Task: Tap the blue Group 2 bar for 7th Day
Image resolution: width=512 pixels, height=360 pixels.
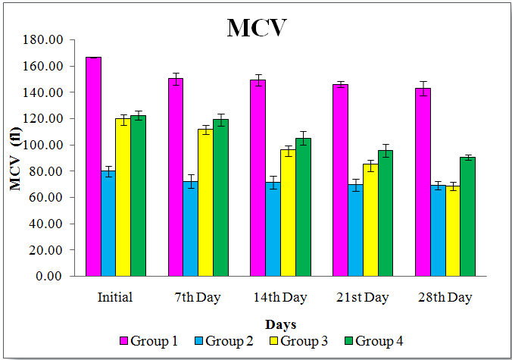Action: point(190,228)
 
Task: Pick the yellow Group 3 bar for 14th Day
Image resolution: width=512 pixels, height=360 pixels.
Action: point(288,212)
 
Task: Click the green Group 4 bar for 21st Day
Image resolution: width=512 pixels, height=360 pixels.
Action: point(385,213)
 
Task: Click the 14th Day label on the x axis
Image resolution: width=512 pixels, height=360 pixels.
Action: point(279,297)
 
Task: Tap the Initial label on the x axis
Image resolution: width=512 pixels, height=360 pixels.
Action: point(115,297)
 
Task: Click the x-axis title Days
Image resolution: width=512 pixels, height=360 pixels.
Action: point(279,324)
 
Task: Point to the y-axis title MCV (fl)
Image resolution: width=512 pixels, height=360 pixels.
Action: point(16,157)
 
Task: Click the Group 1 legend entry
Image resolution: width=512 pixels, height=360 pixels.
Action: point(148,341)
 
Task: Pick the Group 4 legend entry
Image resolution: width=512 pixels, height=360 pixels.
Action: point(373,341)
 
